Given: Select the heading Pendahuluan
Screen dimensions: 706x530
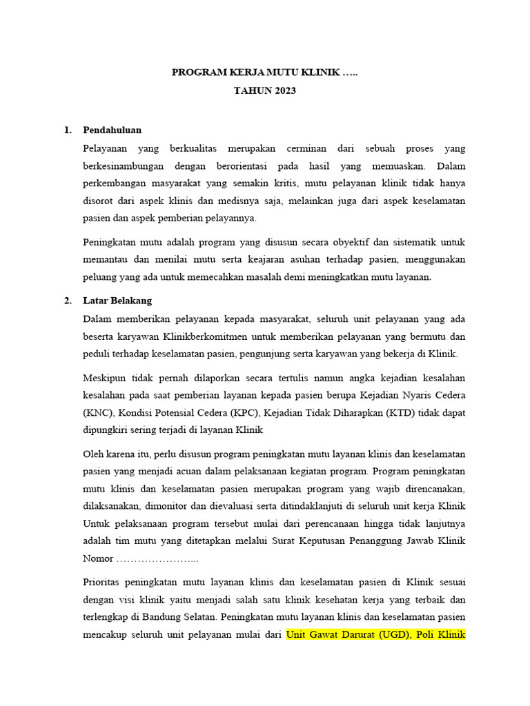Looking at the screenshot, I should (112, 130).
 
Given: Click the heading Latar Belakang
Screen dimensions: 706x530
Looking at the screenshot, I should (117, 301).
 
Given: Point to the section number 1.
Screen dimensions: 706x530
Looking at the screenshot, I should (67, 130).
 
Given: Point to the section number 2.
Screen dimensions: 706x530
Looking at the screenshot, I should (67, 301).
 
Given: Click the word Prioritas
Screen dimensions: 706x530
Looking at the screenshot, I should (104, 582).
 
